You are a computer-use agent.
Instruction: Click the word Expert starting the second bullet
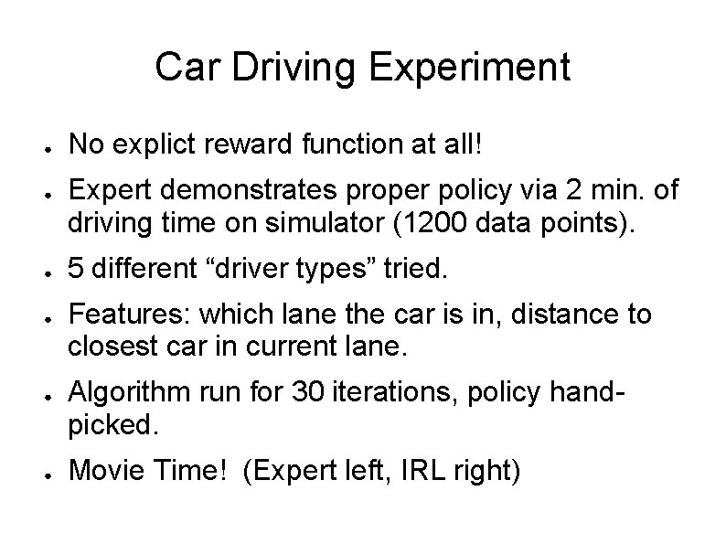click(x=108, y=190)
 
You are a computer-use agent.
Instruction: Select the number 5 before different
click(x=77, y=269)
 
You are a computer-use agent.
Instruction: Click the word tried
click(x=417, y=269)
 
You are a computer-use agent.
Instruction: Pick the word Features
click(x=117, y=315)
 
